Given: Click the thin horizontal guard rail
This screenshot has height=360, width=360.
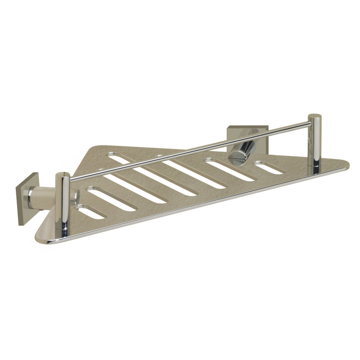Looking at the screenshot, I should [189, 148].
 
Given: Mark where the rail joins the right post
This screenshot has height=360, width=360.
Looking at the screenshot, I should [310, 122].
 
